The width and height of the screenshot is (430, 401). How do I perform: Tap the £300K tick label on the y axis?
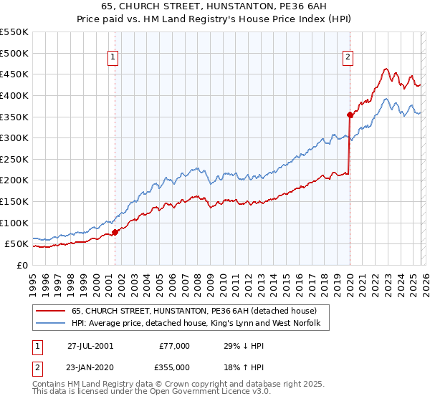[14, 137]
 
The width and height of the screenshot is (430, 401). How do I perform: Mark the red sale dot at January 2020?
[350, 115]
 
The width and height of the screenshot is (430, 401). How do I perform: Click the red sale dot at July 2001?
[115, 232]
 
